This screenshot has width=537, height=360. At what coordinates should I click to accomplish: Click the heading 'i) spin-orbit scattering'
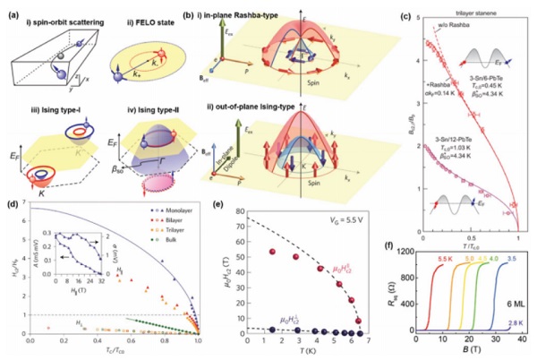(53, 19)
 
